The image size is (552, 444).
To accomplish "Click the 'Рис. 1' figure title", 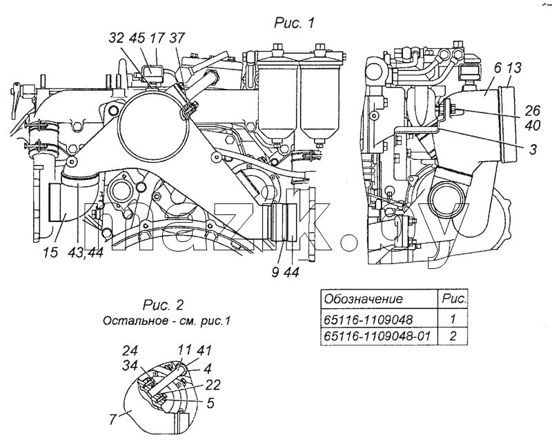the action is point(294,23).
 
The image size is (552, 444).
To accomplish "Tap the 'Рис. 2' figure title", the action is point(164,305).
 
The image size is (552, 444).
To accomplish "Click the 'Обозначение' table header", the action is point(363,299).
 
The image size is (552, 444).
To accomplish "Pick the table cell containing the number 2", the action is point(453,336).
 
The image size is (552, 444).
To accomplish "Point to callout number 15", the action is point(50,252).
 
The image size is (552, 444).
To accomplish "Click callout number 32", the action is point(116,38).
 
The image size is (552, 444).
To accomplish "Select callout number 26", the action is point(532,111).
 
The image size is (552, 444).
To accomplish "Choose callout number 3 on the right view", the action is point(533,149).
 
